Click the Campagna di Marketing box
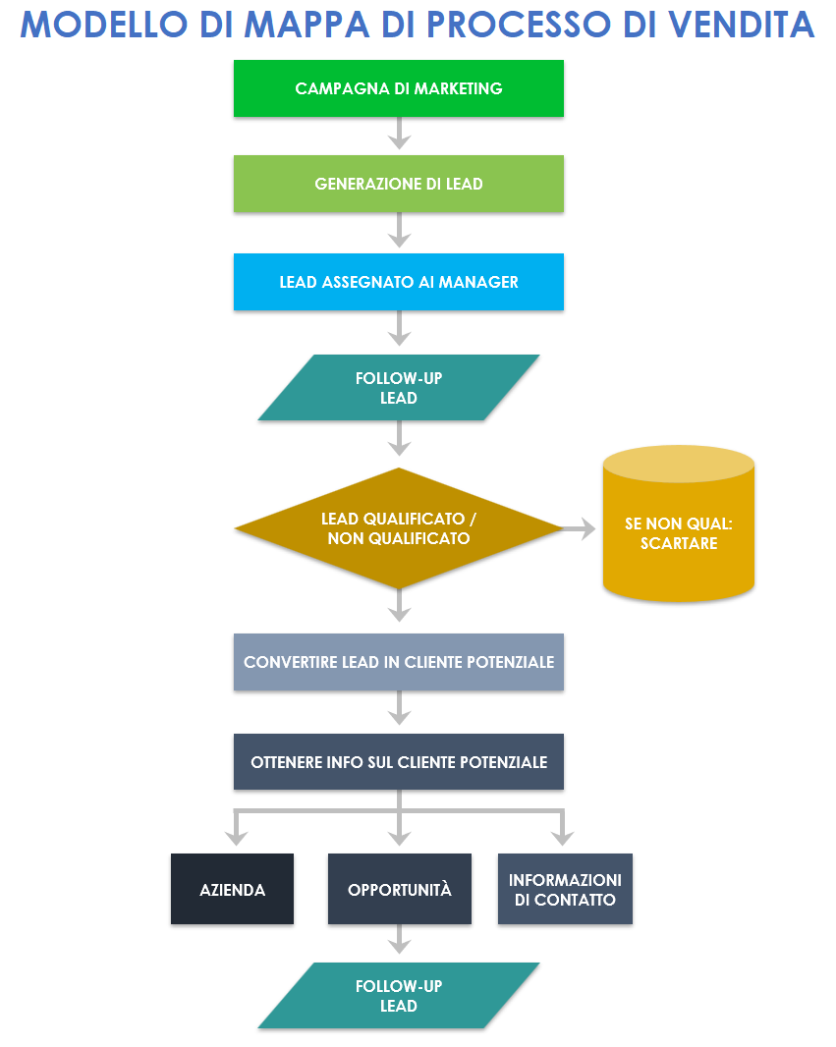tap(398, 88)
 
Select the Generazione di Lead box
tap(398, 184)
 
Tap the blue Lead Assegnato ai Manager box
tap(398, 282)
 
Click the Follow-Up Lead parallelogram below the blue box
tap(398, 388)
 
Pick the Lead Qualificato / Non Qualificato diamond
tap(398, 528)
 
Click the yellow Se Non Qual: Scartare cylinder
tap(678, 530)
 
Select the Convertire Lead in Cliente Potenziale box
tap(398, 662)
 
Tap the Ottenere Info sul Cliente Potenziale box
tap(398, 762)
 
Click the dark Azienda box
tap(232, 890)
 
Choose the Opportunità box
tap(399, 890)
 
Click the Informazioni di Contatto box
tap(565, 890)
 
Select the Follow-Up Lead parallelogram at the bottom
tap(398, 995)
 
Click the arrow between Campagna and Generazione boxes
tap(398, 135)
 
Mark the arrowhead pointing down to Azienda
tap(234, 837)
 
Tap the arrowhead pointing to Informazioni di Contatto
tap(562, 837)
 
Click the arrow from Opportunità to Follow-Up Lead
tap(398, 941)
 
